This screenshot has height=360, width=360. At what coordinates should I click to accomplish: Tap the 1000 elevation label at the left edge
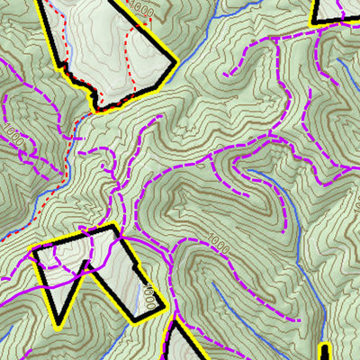tap(12, 136)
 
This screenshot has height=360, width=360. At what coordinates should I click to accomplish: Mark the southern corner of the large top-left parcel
tap(97, 110)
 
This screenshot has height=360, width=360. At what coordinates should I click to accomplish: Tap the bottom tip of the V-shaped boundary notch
tap(60, 320)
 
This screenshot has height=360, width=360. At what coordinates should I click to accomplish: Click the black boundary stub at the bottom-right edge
tap(325, 352)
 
